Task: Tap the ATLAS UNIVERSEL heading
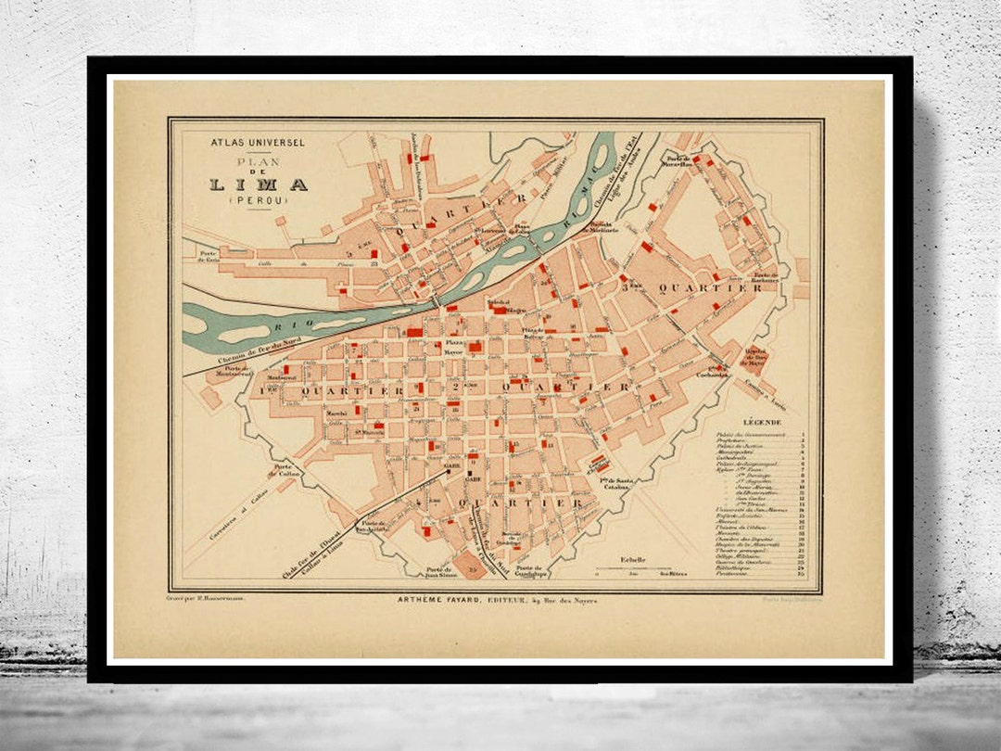point(245,144)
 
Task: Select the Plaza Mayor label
point(453,348)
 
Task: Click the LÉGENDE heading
point(761,423)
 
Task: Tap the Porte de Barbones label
point(764,277)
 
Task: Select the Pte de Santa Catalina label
point(617,483)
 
